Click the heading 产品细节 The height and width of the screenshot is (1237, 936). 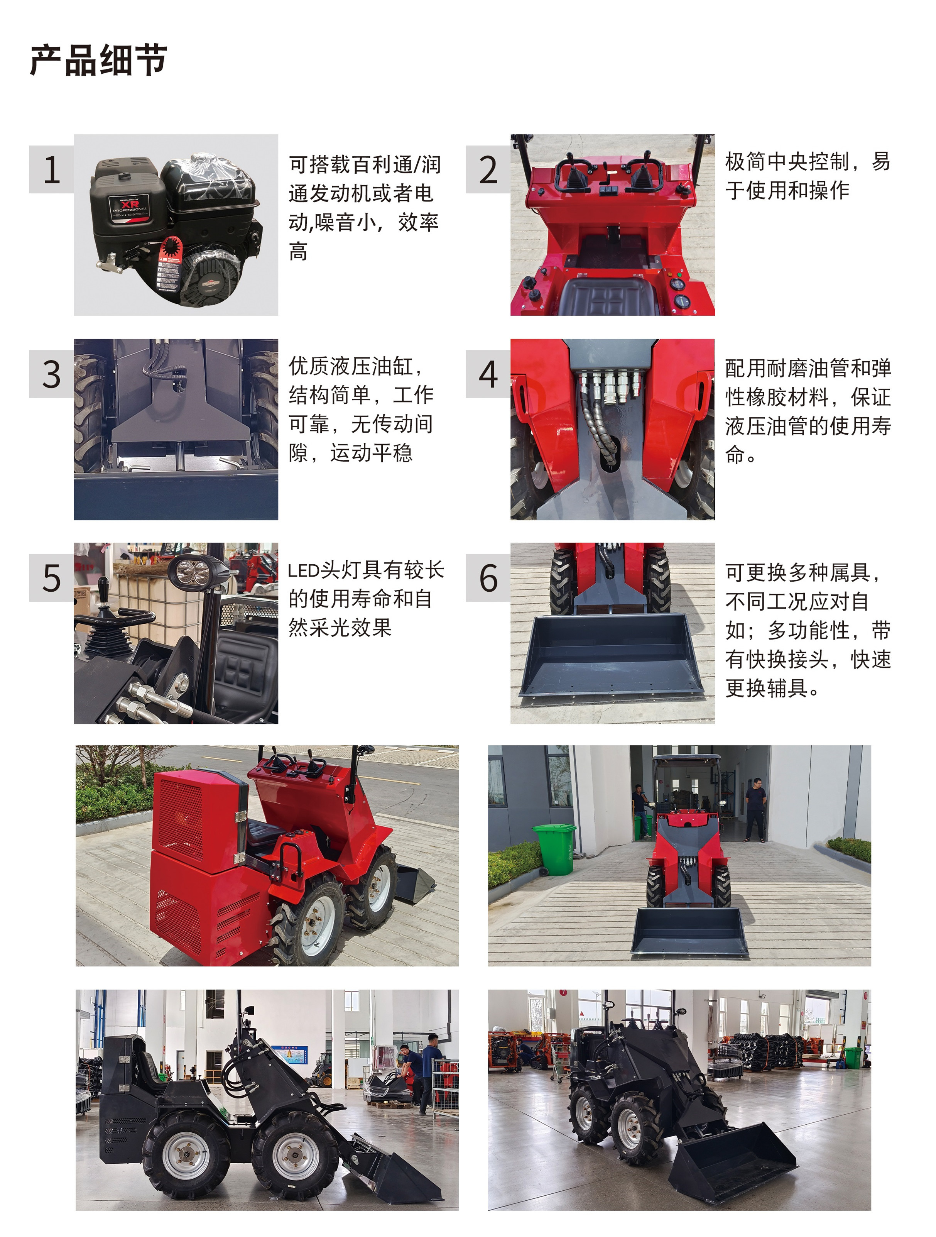tap(98, 60)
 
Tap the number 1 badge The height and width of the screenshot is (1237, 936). tap(51, 169)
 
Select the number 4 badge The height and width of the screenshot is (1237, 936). tap(488, 374)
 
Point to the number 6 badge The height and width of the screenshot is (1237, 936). tap(488, 578)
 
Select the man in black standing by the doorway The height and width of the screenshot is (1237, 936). tap(755, 809)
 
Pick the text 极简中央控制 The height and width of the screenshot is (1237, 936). tap(787, 162)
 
